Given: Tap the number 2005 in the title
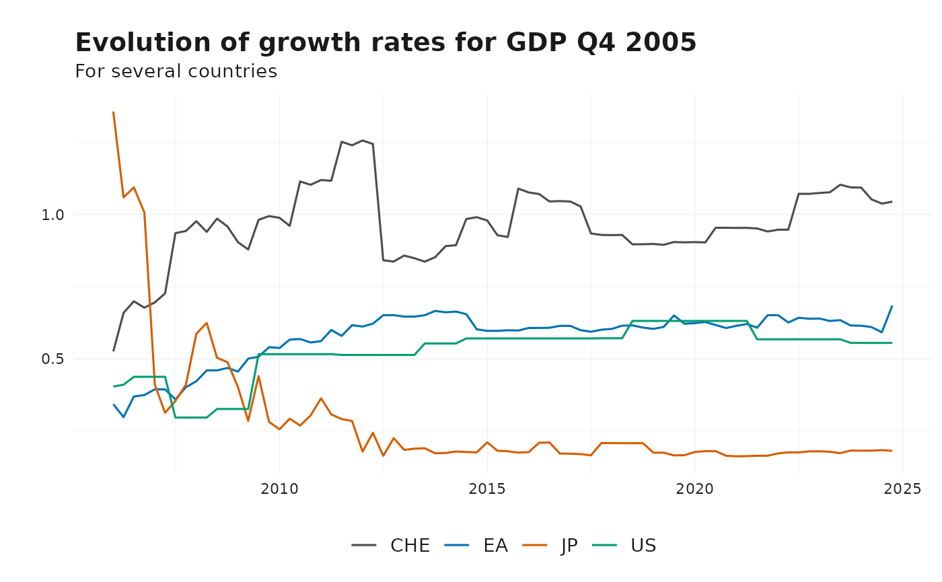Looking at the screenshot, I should pyautogui.click(x=661, y=43).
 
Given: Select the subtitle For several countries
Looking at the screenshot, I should pyautogui.click(x=176, y=71).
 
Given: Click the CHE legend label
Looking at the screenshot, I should pyautogui.click(x=410, y=546).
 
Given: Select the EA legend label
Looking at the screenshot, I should pyautogui.click(x=495, y=546).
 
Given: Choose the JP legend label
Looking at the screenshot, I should pyautogui.click(x=569, y=546).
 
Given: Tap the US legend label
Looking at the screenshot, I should pyautogui.click(x=643, y=546).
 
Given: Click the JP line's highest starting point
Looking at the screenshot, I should pyautogui.click(x=113, y=112).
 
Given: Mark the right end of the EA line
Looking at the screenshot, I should pyautogui.click(x=892, y=306).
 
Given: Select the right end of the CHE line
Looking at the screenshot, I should pyautogui.click(x=892, y=201).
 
